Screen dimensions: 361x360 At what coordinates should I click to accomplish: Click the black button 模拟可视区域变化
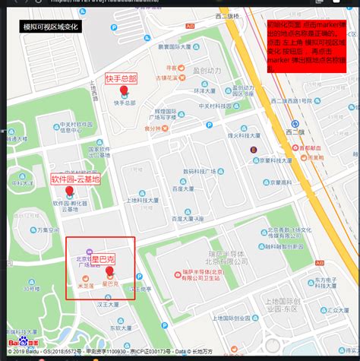[x=51, y=27]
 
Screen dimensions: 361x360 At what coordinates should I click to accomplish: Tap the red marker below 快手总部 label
[x=124, y=91]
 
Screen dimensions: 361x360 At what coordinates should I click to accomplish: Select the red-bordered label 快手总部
[x=122, y=79]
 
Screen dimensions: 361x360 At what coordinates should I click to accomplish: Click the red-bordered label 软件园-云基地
[x=76, y=179]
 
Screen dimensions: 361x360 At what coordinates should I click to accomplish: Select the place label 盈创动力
[x=207, y=71]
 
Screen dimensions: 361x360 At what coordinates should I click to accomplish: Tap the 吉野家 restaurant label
[x=166, y=78]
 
